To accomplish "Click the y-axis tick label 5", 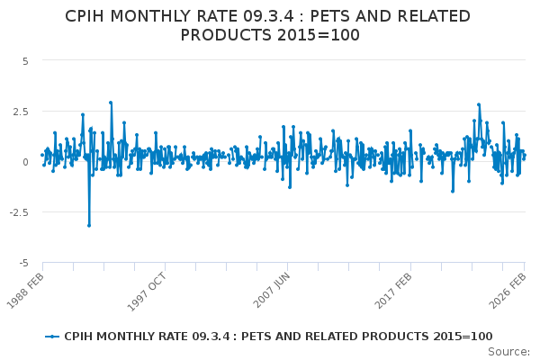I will coord(25,61).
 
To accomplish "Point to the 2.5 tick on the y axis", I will coord(21,112).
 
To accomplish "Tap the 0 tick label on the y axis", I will coord(26,162).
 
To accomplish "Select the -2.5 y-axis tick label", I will coord(19,212).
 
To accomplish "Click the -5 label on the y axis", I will coord(23,263).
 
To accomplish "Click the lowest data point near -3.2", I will coord(88,225).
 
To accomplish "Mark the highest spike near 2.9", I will coord(111,103).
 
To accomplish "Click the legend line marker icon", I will coord(52,337).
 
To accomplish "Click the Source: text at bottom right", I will coord(509,352).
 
